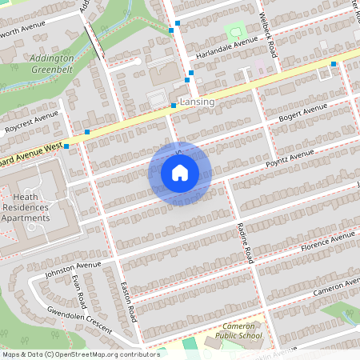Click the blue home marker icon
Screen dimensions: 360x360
(180, 173)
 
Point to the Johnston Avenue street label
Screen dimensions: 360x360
(73, 269)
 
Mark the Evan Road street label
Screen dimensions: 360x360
(78, 294)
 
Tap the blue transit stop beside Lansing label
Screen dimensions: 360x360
(173, 106)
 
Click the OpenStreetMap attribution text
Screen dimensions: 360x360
(80, 354)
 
